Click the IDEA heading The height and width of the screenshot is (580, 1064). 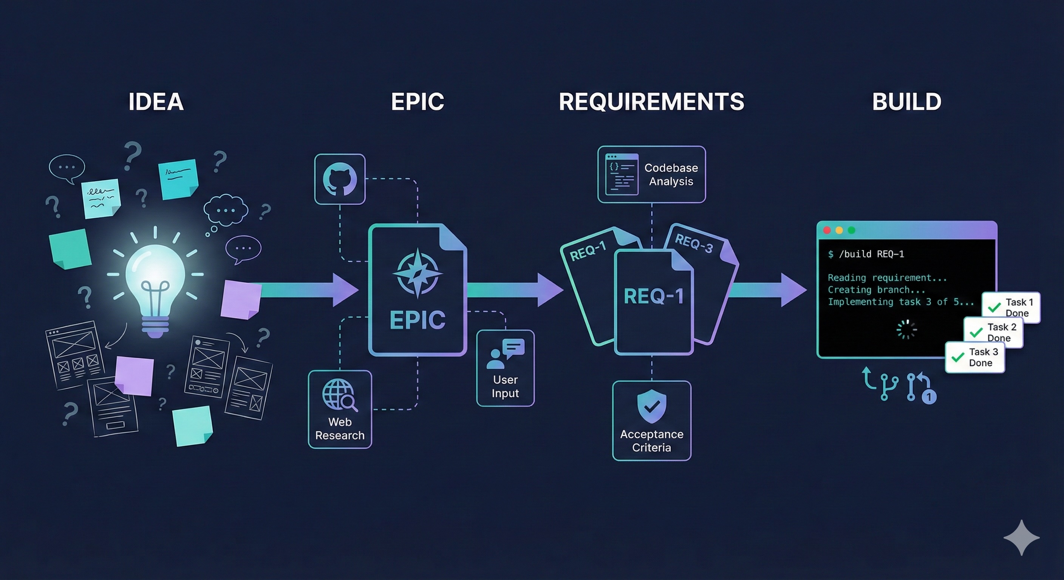156,102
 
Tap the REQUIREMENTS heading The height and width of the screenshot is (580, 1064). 651,102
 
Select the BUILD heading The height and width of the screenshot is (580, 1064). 907,102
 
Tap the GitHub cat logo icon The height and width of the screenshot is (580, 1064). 340,179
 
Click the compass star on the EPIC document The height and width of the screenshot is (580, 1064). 418,273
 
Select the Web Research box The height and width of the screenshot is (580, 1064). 340,409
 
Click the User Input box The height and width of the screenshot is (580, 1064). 505,368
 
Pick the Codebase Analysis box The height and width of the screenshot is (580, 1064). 651,174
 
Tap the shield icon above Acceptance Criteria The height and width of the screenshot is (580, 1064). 652,406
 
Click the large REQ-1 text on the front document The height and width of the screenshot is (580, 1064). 653,296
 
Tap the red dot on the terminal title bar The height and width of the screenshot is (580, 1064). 827,230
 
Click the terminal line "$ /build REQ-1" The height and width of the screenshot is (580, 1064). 866,254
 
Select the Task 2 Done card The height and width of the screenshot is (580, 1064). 993,332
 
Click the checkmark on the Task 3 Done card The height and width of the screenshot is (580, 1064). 957,358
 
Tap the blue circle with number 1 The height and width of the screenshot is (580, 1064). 929,397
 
